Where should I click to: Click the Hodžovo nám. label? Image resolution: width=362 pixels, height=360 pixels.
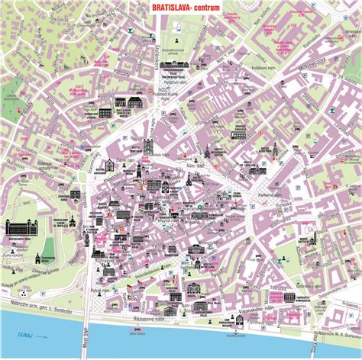pos(164,92)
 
